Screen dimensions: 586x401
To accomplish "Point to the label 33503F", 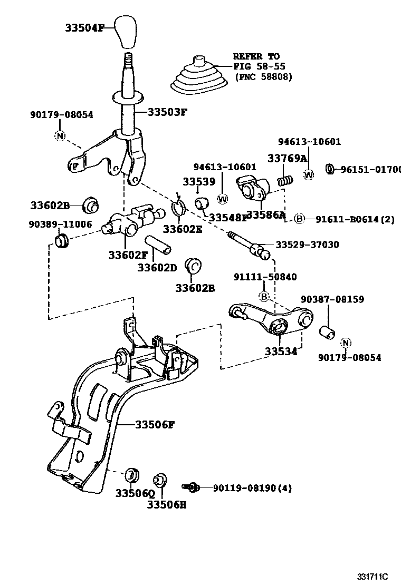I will point(168,112).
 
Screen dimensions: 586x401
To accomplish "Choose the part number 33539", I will point(199,181).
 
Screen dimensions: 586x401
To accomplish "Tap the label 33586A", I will point(266,214).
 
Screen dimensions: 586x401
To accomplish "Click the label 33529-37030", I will point(308,245).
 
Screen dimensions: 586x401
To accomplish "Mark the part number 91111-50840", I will point(265,277).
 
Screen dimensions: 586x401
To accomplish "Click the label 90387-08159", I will point(332,299).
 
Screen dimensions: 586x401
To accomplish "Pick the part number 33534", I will point(281,351).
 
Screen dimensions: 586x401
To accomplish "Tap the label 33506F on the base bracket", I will point(154,424).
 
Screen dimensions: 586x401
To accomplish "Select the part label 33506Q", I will point(135,493).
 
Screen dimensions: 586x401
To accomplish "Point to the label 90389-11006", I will point(60,224).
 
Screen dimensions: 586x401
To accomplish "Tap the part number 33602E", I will point(183,229).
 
